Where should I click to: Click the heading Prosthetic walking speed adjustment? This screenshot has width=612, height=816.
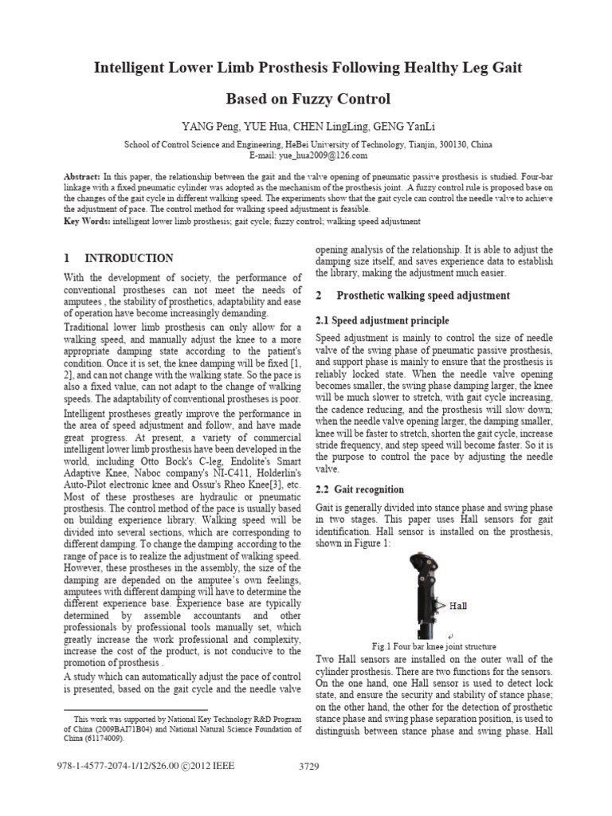tap(423, 296)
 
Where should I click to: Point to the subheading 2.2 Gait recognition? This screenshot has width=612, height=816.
tap(360, 489)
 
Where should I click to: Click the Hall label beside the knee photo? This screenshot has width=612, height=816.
tap(458, 606)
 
